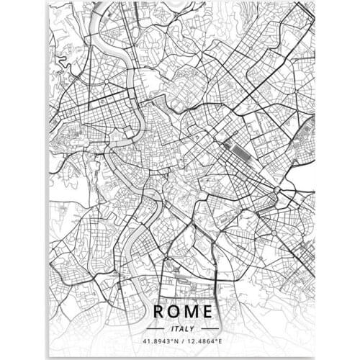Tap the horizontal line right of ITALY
(x=207, y=326)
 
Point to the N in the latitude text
(x=174, y=341)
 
